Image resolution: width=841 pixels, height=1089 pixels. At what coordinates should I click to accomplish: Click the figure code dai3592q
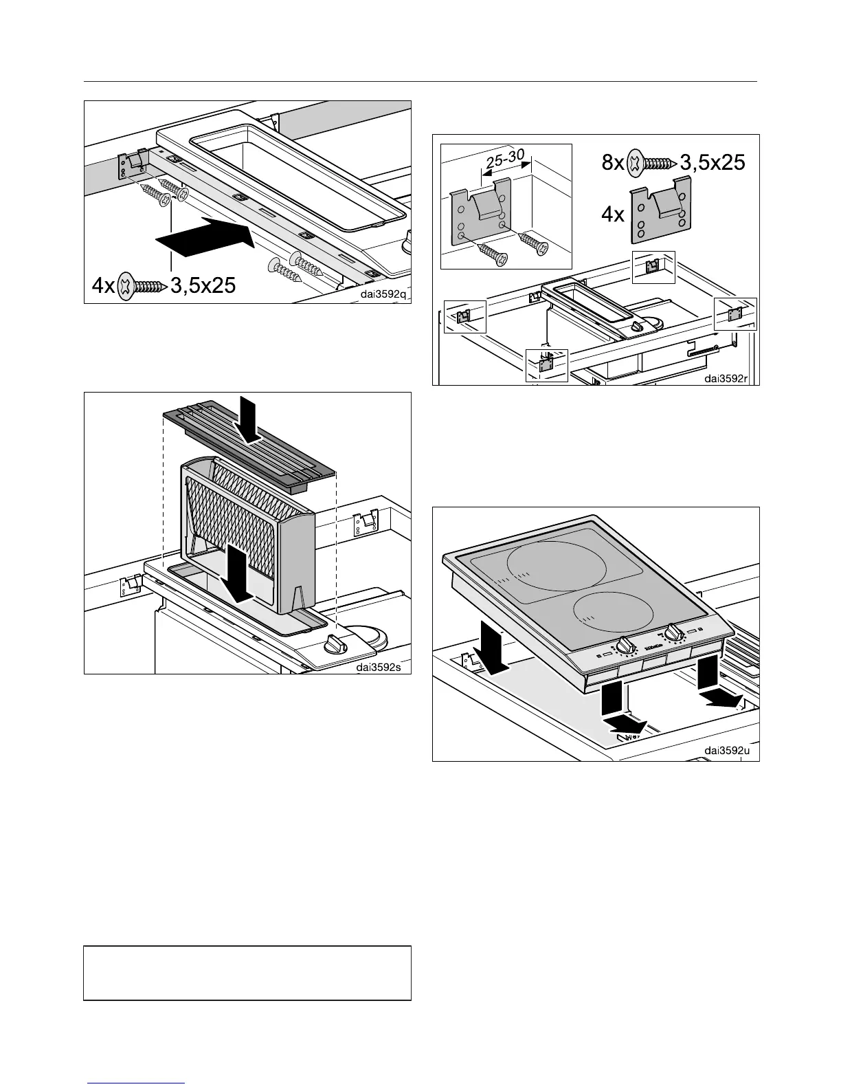coord(383,296)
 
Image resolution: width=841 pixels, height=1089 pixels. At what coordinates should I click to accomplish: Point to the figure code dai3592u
coord(730,751)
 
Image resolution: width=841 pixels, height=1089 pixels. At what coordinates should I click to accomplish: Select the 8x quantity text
coord(611,164)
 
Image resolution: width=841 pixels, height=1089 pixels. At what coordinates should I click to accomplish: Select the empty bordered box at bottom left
coord(247,972)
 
